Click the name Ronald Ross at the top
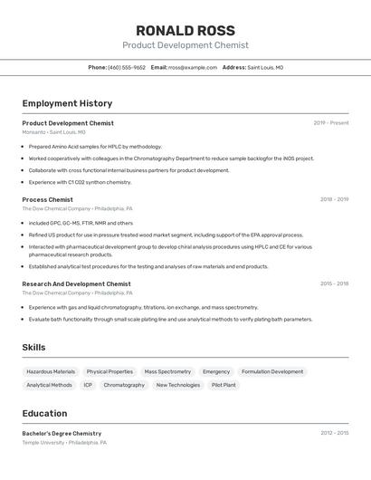tap(185, 31)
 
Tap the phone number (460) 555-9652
tap(127, 68)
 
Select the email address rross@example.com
tap(193, 68)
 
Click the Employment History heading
tap(67, 103)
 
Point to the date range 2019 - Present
tap(330, 123)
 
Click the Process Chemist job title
tap(47, 199)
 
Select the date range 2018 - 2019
tap(334, 199)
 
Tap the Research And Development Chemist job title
tap(76, 283)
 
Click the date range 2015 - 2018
tap(334, 283)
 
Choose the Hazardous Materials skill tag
tap(51, 371)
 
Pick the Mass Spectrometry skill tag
tap(167, 371)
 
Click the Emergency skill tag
tap(216, 371)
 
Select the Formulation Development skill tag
tap(272, 371)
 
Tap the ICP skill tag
tap(88, 385)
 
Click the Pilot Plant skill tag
tap(224, 385)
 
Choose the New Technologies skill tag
tap(178, 385)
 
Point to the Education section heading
tap(44, 413)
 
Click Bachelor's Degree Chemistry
tap(62, 433)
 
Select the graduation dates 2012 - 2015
tap(334, 433)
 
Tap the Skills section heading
tap(33, 347)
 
